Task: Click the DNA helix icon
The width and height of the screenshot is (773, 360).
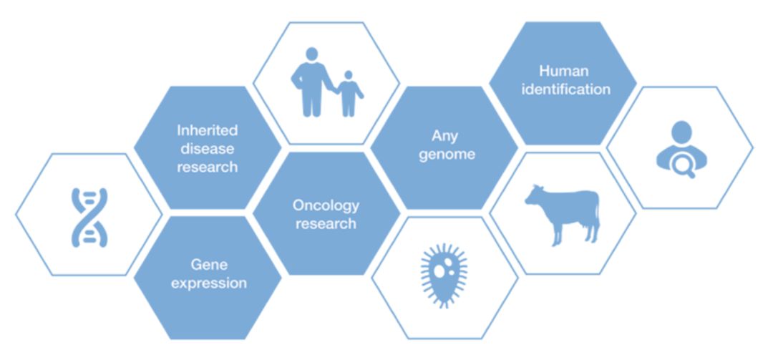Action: [x=89, y=217]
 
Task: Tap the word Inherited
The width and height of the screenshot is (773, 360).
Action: [x=207, y=130]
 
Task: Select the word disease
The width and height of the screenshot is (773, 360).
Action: [x=207, y=148]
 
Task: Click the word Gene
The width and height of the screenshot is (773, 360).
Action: [x=209, y=265]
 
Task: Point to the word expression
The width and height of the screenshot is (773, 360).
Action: [x=209, y=283]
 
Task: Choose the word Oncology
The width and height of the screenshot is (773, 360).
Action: [x=326, y=205]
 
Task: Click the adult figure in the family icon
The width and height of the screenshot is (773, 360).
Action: [x=311, y=82]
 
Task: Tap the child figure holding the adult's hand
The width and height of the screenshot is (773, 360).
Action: [x=349, y=94]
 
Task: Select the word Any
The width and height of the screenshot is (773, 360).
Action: [x=444, y=135]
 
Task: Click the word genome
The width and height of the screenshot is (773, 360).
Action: [x=447, y=154]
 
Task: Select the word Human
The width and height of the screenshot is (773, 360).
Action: [x=563, y=71]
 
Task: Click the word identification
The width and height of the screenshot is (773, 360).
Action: [x=565, y=89]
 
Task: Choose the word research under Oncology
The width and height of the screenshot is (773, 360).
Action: [x=326, y=223]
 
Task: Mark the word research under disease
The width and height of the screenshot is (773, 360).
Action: [x=207, y=167]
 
